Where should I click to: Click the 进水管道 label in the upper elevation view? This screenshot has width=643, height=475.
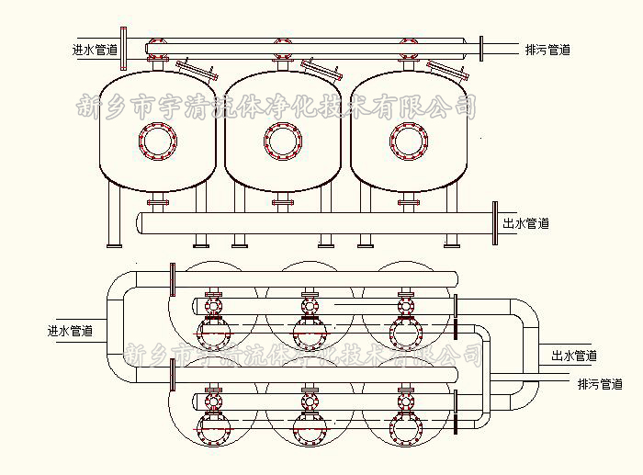pyautogui.click(x=95, y=50)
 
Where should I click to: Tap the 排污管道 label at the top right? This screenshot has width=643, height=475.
pyautogui.click(x=547, y=50)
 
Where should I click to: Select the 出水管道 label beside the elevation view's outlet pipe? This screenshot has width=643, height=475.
pyautogui.click(x=525, y=223)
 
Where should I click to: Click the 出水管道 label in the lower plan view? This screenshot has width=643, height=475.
pyautogui.click(x=574, y=356)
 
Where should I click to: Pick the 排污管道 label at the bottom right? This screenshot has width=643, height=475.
pyautogui.click(x=600, y=384)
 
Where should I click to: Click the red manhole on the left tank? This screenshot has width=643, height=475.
pyautogui.click(x=156, y=141)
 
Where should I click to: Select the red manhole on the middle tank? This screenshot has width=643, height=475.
pyautogui.click(x=283, y=141)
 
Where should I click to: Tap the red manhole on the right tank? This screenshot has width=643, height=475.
pyautogui.click(x=408, y=141)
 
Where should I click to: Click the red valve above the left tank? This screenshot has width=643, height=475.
pyautogui.click(x=157, y=44)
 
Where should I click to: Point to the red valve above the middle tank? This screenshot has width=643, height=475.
pyautogui.click(x=282, y=44)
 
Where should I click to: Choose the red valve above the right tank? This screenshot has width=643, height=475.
pyautogui.click(x=407, y=44)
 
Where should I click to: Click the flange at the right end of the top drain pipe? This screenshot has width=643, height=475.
pyautogui.click(x=480, y=48)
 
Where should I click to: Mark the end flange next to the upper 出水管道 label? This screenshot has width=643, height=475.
pyautogui.click(x=494, y=223)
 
